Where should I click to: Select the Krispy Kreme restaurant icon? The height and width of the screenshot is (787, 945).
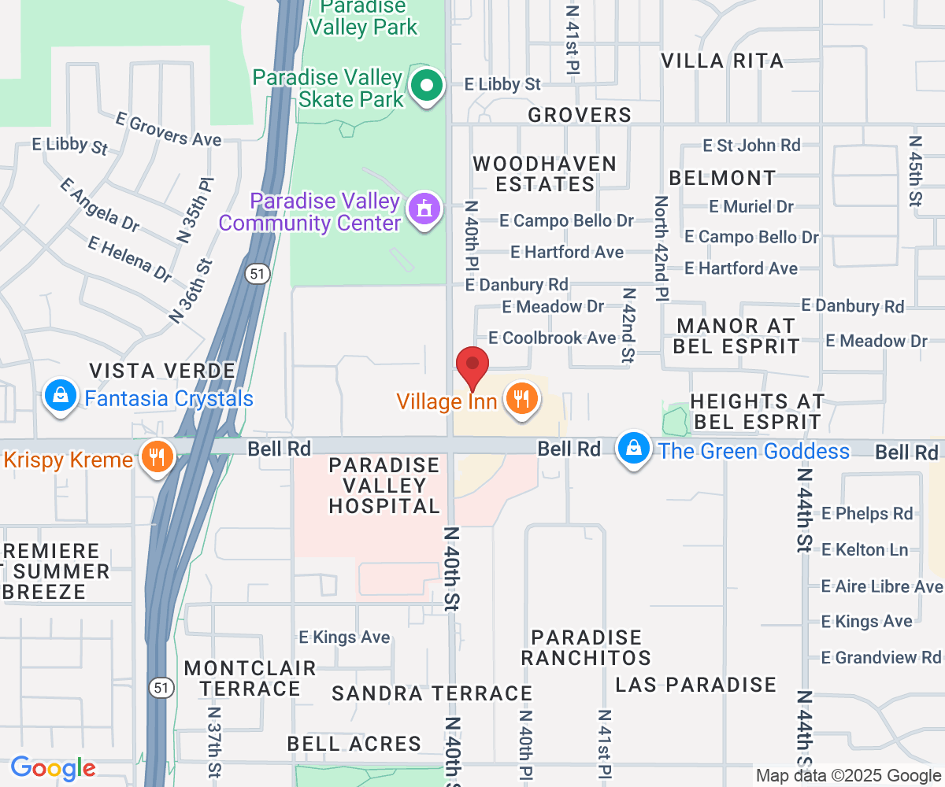pyautogui.click(x=157, y=456)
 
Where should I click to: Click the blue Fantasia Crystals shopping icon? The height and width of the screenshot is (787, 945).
pyautogui.click(x=61, y=396)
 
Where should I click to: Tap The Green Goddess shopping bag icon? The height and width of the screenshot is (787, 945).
pyautogui.click(x=633, y=449)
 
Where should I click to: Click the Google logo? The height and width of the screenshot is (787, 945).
pyautogui.click(x=53, y=767)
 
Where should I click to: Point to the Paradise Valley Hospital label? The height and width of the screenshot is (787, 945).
pyautogui.click(x=384, y=486)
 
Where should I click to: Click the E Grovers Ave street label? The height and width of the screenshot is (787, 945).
pyautogui.click(x=169, y=129)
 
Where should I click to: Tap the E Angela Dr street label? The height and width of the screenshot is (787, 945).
pyautogui.click(x=100, y=204)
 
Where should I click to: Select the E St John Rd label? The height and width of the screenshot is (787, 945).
pyautogui.click(x=751, y=145)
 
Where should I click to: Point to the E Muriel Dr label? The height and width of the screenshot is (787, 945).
pyautogui.click(x=750, y=206)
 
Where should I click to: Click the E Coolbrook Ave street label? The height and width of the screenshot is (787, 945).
pyautogui.click(x=551, y=338)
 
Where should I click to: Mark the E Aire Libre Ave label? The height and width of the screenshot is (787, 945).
pyautogui.click(x=881, y=586)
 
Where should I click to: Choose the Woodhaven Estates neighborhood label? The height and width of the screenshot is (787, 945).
pyautogui.click(x=544, y=174)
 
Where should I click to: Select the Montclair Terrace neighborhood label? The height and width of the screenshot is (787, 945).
pyautogui.click(x=250, y=678)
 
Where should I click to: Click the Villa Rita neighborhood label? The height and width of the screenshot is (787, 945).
pyautogui.click(x=722, y=61)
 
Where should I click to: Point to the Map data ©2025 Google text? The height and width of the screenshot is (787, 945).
pyautogui.click(x=848, y=776)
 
